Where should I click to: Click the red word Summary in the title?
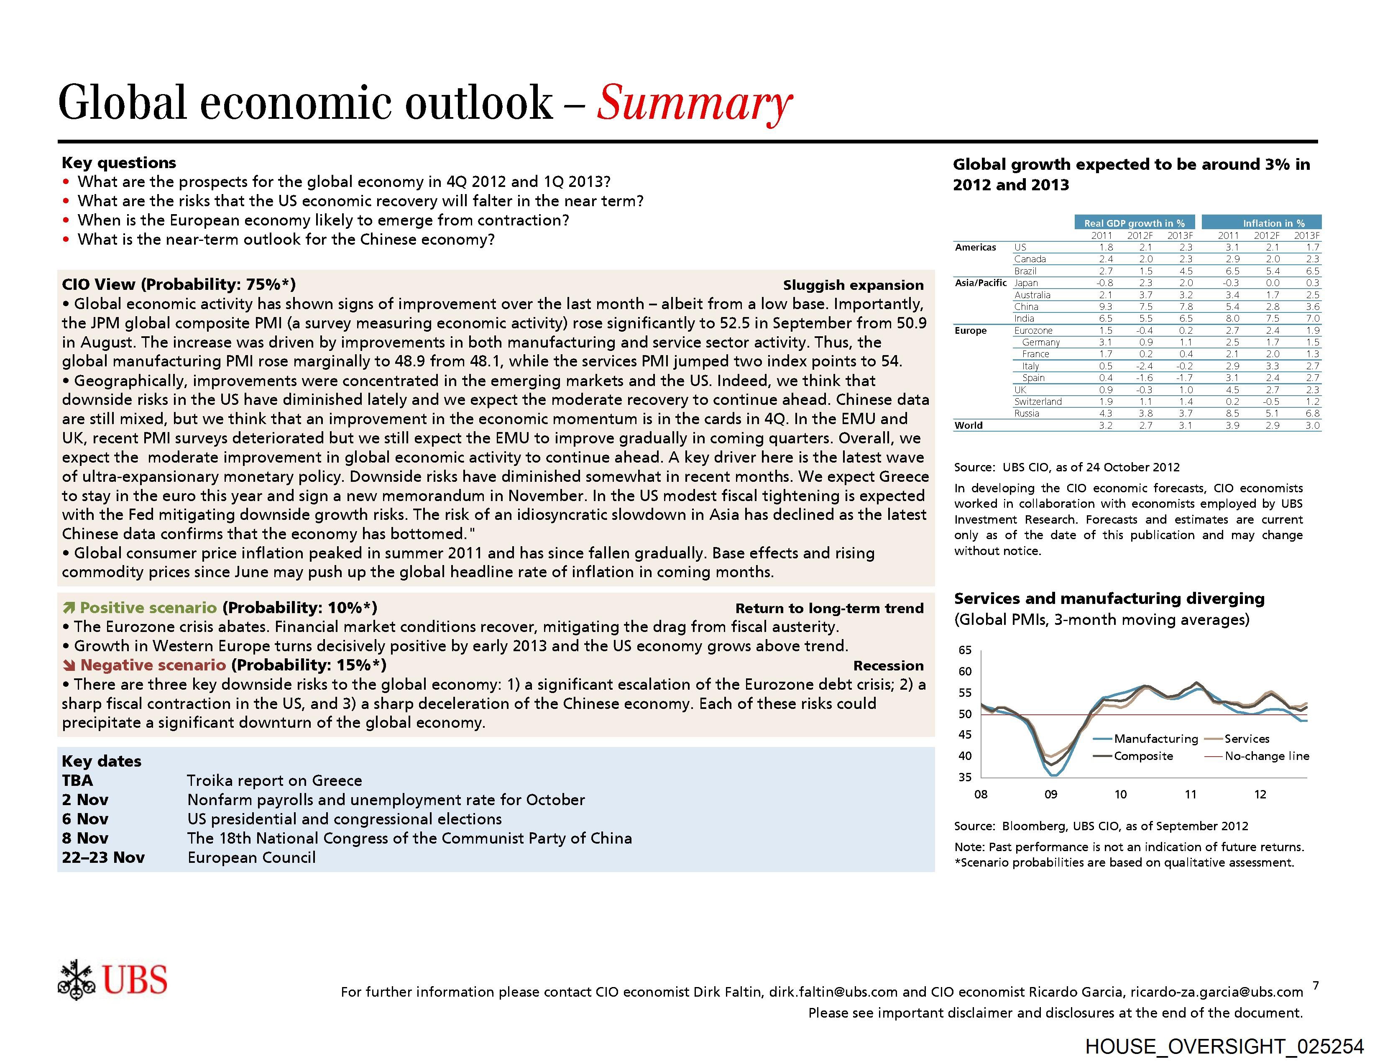coord(694,103)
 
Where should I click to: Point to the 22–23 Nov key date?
coord(103,857)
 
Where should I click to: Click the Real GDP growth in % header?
coord(1134,223)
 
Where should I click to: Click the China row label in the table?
coord(1026,307)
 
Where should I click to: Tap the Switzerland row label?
coord(1038,401)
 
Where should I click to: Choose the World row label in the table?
coord(968,425)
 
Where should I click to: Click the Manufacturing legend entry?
coord(1155,739)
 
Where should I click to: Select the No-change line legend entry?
coord(1266,756)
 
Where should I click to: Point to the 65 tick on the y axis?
coord(965,650)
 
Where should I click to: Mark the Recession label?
coord(888,665)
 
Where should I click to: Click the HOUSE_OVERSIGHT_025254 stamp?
coord(1224,1046)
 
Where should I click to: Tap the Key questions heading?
coord(119,162)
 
